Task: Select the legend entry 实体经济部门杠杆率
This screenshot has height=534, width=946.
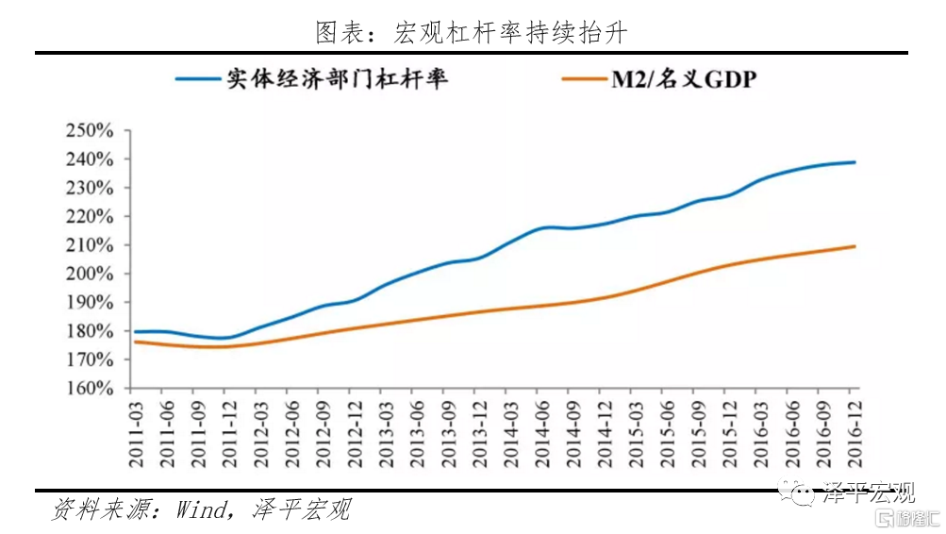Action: (x=336, y=78)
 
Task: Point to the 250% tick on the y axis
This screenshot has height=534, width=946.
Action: (x=90, y=130)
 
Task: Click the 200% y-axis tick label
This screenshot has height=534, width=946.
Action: (x=90, y=274)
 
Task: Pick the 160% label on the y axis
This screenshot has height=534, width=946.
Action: (x=90, y=389)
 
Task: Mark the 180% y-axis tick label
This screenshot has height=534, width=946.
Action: (x=90, y=331)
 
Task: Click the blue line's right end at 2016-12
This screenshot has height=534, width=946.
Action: (x=855, y=162)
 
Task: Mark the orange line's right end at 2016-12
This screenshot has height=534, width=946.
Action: (x=855, y=246)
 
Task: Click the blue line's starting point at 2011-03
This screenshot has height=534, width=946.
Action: (x=135, y=332)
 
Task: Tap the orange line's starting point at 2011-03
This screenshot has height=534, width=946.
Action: (x=135, y=342)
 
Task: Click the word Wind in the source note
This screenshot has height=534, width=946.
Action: (x=200, y=510)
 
